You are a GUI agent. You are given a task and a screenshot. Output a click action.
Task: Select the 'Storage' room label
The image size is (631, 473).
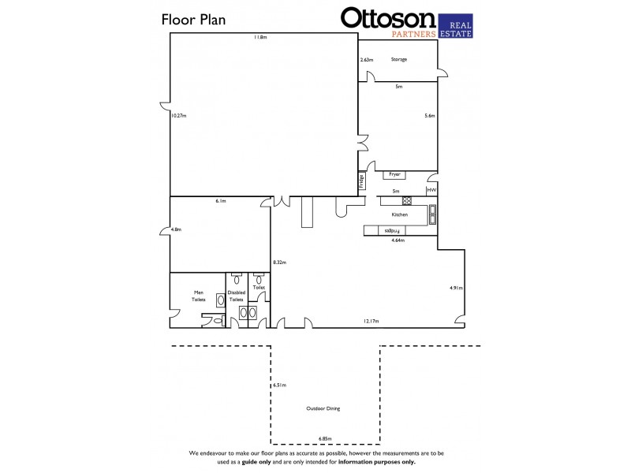click(x=399, y=59)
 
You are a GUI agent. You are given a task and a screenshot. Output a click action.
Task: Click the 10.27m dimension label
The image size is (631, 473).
click(x=178, y=116)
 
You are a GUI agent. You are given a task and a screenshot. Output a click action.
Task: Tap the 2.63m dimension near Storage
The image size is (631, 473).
click(x=366, y=60)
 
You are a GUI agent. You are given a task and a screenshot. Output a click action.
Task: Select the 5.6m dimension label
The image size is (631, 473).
click(x=430, y=116)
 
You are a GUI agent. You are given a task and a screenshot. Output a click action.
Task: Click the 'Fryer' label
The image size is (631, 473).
click(x=394, y=174)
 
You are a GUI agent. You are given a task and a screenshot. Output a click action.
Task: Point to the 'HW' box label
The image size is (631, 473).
click(x=431, y=191)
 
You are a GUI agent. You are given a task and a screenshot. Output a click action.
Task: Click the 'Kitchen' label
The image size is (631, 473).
click(x=400, y=214)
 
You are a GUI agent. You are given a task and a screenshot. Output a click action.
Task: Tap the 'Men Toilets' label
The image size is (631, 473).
click(x=199, y=296)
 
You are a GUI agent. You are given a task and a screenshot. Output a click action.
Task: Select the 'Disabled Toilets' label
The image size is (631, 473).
click(x=237, y=296)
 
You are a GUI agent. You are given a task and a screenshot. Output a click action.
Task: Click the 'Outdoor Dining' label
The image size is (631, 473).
click(x=323, y=408)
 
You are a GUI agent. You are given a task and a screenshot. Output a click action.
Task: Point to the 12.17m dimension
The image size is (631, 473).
click(x=372, y=321)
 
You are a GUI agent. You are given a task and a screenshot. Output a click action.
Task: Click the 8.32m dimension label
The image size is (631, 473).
click(x=278, y=261)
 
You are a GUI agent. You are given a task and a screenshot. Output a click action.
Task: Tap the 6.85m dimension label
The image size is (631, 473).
click(x=325, y=438)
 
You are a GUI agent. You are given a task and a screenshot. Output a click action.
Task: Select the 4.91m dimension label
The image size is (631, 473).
click(x=455, y=288)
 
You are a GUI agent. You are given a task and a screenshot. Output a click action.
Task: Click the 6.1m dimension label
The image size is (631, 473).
click(x=222, y=202)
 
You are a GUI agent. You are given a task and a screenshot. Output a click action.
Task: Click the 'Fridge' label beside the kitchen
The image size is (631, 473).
click(x=362, y=181)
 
